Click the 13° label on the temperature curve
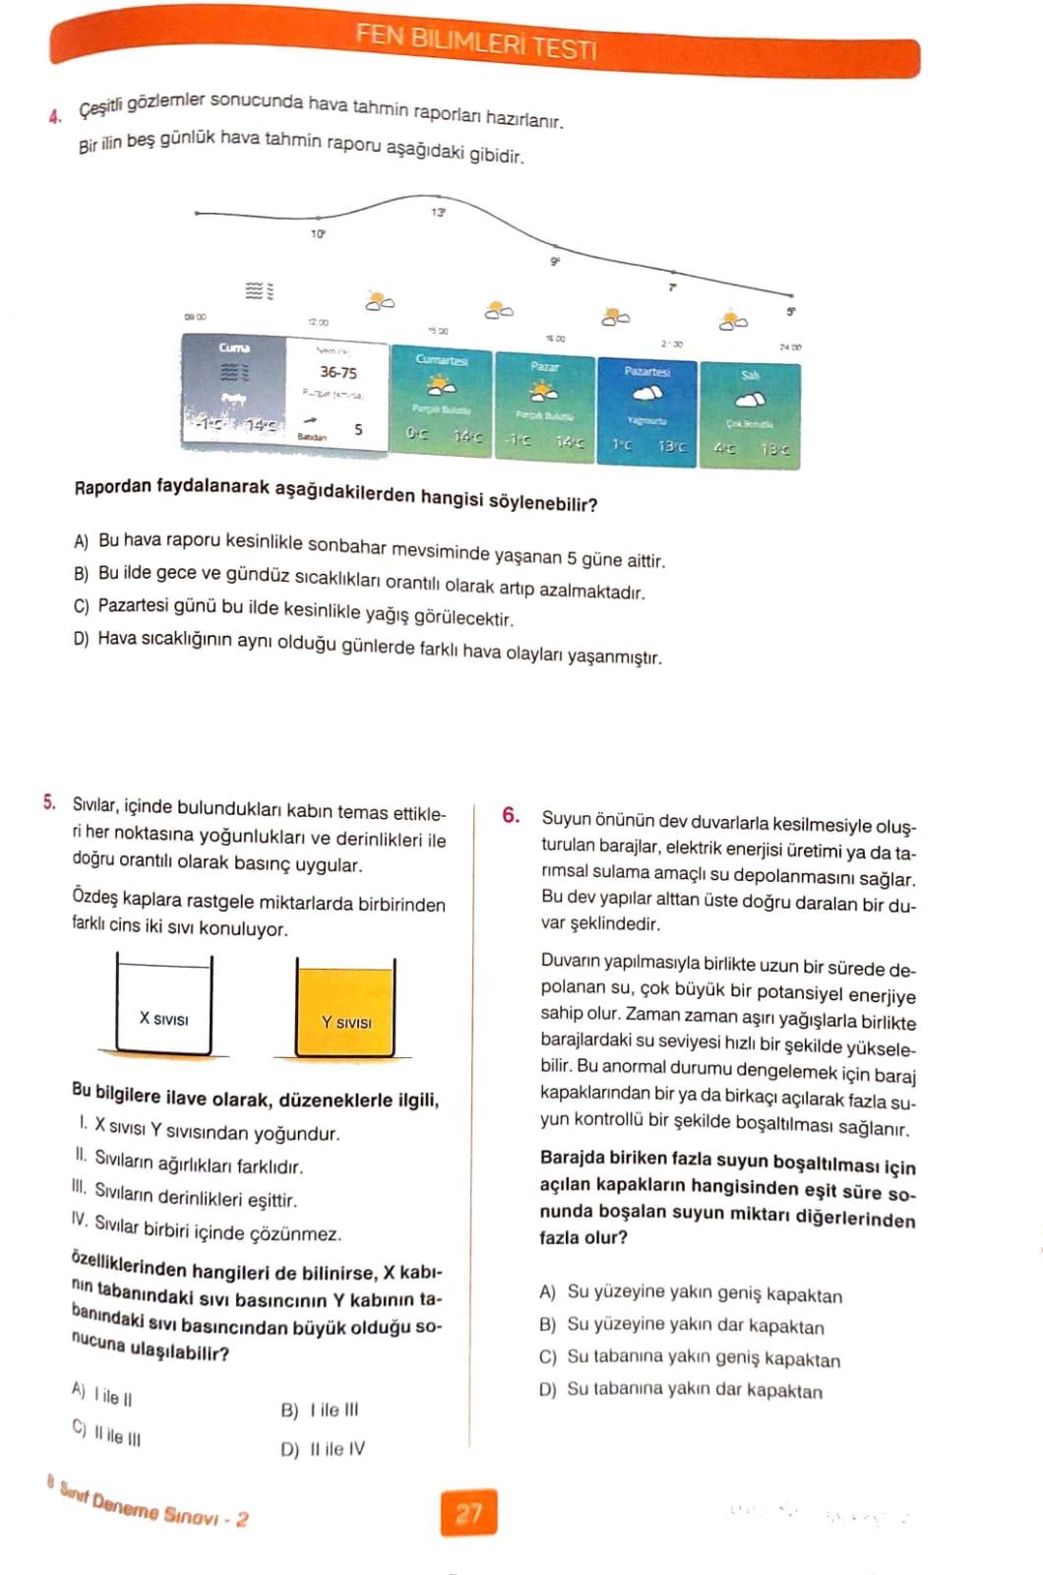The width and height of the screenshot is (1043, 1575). tap(438, 212)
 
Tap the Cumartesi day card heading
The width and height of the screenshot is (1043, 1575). tap(442, 360)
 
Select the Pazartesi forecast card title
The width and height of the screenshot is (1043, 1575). tap(646, 372)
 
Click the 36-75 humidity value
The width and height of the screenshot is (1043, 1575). tap(338, 373)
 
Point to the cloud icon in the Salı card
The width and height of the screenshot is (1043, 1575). tap(751, 400)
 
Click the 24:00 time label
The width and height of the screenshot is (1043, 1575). tap(790, 347)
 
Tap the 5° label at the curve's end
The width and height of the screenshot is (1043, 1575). tap(790, 312)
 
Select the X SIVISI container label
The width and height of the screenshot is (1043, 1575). tap(163, 1019)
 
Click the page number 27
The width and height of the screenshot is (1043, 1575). tap(469, 1512)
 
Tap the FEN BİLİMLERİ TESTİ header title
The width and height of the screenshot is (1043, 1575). tap(476, 41)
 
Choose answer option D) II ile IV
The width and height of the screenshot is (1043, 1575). tap(323, 1449)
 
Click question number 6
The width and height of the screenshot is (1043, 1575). tap(511, 815)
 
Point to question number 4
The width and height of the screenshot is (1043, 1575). tap(54, 116)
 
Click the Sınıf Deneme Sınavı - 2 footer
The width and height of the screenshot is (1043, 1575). tap(153, 1504)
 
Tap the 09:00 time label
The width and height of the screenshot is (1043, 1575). tap(195, 317)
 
